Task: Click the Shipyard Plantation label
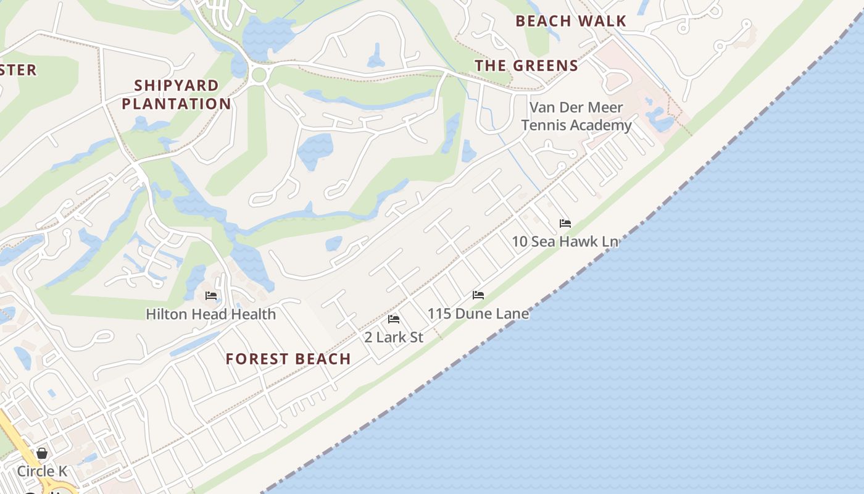[x=176, y=94]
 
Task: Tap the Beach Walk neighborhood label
[x=571, y=21]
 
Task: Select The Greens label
[x=526, y=65]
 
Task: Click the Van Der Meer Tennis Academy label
[x=576, y=116]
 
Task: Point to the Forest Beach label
[x=288, y=359]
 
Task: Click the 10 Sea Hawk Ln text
[x=565, y=241]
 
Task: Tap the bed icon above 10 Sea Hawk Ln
[x=565, y=224]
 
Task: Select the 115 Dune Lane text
[x=478, y=314]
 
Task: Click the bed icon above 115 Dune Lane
[x=478, y=295]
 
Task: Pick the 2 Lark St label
[x=394, y=337]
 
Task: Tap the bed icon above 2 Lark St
[x=394, y=319]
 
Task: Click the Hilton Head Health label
[x=210, y=314]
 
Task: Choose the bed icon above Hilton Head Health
[x=211, y=296]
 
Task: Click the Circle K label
[x=42, y=472]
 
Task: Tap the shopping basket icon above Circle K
[x=42, y=454]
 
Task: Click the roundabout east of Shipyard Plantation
[x=259, y=75]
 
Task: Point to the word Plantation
[x=176, y=104]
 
